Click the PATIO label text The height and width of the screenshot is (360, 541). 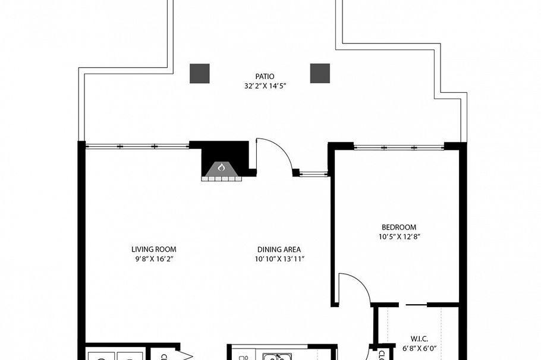coord(265,76)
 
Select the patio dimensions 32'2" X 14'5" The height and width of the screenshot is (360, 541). coord(265,86)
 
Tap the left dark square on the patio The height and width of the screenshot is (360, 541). coord(200,73)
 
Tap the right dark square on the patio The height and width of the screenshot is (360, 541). coord(320,73)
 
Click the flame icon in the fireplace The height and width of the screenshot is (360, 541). coord(221,168)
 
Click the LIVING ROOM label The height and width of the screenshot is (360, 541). coord(154,250)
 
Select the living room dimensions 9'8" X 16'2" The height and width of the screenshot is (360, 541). coord(154,259)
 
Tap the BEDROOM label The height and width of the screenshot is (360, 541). coord(398,227)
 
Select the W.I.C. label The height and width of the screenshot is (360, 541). coord(420,339)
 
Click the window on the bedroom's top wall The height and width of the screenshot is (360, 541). coord(398,146)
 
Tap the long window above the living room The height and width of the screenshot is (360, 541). coord(137,146)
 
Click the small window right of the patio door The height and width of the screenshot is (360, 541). coord(313,174)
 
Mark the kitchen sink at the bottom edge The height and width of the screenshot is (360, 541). coord(275,356)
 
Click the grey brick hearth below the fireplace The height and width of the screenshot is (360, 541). coord(221,178)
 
